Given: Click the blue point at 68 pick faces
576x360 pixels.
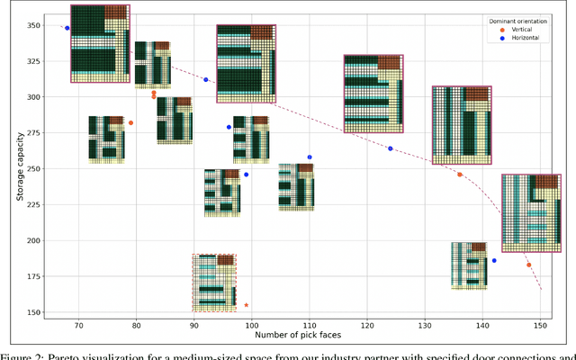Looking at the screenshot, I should click(x=67, y=28).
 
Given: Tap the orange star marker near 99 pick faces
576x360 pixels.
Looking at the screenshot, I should click(x=247, y=305).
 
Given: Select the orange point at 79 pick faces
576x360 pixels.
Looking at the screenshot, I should click(x=130, y=123).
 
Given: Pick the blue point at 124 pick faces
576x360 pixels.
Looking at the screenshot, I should click(x=391, y=148).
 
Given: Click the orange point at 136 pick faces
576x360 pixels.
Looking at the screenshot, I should click(x=460, y=175).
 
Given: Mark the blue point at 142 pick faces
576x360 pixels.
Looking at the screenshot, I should click(x=494, y=261).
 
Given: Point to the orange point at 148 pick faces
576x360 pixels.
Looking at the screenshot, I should click(x=528, y=265).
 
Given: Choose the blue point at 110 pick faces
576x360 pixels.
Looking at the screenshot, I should click(x=310, y=157).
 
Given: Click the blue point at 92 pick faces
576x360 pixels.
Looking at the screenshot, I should click(x=206, y=80).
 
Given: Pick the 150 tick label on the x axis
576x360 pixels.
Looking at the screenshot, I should click(x=540, y=325).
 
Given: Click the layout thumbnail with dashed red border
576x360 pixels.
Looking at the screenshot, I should click(x=214, y=283).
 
